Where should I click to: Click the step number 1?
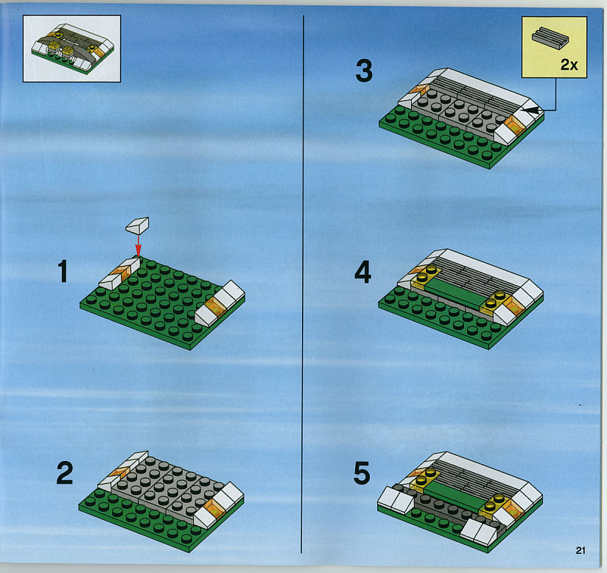coord(63,271)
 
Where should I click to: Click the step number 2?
coord(65,473)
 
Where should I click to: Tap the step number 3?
coord(364,71)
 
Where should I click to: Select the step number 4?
coord(362,272)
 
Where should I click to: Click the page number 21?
coord(580,550)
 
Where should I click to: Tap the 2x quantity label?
coord(569,65)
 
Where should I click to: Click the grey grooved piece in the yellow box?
coord(550,38)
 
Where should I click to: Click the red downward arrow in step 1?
coord(138,246)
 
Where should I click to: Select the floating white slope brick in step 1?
coord(138,225)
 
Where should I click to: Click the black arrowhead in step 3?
coord(530,110)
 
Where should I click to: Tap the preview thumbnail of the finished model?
coord(71,49)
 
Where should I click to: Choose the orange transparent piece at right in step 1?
coord(215,307)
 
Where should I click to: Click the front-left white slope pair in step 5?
coord(394,499)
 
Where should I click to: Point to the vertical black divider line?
coord(303,284)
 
